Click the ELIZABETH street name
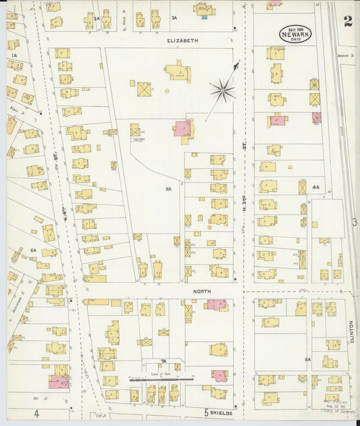pyautogui.click(x=183, y=41)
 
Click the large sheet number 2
pyautogui.click(x=347, y=21)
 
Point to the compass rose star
pyautogui.click(x=222, y=89)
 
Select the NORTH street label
pyautogui.click(x=202, y=291)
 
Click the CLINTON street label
pyautogui.click(x=352, y=331)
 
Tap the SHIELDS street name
pyautogui.click(x=221, y=412)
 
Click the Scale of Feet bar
pyautogui.click(x=161, y=379)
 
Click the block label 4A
pyautogui.click(x=315, y=187)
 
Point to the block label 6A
pyautogui.click(x=32, y=250)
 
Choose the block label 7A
pyautogui.click(x=163, y=361)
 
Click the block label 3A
pyautogui.click(x=174, y=18)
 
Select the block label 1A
pyautogui.click(x=13, y=56)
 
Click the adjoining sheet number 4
pyautogui.click(x=38, y=412)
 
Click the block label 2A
pyautogui.click(x=97, y=18)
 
